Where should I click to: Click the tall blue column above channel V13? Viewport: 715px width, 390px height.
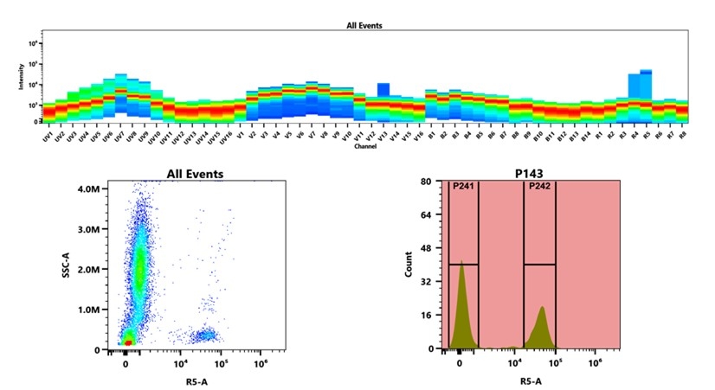point(383,90)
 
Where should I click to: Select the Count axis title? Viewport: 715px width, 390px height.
point(409,265)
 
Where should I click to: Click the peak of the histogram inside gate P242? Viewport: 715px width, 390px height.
point(542,308)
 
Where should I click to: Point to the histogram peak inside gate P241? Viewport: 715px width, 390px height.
point(462,262)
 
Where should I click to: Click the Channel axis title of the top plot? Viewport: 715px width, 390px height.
point(364,146)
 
